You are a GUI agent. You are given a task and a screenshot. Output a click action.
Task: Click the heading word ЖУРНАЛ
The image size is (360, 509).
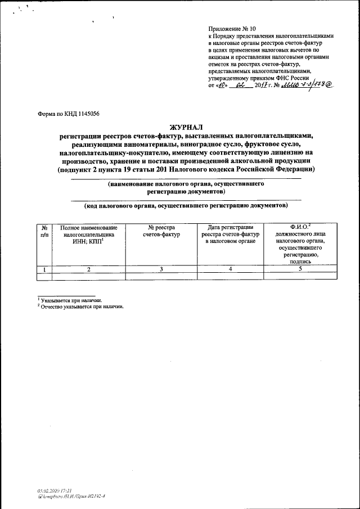185,128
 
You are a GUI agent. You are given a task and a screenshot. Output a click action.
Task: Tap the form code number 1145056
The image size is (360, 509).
86,113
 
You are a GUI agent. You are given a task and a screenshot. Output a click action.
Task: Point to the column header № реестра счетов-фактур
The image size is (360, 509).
161,231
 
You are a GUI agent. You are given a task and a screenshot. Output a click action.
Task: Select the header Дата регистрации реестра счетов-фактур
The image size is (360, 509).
231,234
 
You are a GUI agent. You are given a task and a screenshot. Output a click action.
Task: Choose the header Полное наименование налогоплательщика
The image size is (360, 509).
89,234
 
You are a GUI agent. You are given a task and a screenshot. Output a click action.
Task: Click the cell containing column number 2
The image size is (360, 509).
89,269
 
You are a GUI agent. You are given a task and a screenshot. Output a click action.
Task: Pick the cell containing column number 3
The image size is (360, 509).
161,269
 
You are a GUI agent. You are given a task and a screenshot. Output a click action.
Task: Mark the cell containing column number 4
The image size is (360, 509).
231,269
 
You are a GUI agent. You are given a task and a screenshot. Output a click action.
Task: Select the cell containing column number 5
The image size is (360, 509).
301,269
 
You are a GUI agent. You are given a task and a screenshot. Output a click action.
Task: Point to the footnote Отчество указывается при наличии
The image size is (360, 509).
82,307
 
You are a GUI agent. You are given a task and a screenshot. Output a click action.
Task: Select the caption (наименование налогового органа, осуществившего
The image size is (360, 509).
186,184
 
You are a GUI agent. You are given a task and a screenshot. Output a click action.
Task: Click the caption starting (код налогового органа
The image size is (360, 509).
186,205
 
